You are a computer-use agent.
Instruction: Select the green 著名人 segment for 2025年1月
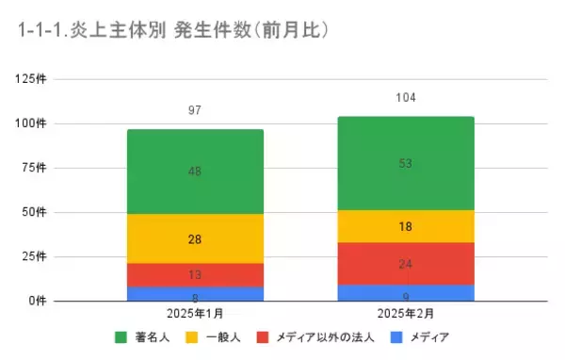pos(195,172)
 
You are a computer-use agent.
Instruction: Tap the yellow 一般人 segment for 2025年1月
pos(195,239)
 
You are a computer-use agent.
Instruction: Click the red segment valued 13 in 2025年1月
pos(195,275)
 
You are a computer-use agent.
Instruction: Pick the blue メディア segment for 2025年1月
pos(195,294)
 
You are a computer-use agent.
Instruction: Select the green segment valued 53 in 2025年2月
pos(406,163)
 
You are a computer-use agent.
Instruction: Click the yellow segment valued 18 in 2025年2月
pos(406,226)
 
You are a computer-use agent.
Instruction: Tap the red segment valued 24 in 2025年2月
pos(406,264)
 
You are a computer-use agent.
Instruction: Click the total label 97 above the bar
pos(195,111)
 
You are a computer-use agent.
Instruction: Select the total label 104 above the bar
pos(406,98)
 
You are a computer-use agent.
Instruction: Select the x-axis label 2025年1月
pos(195,313)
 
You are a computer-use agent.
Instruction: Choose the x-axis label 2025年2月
pos(406,313)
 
